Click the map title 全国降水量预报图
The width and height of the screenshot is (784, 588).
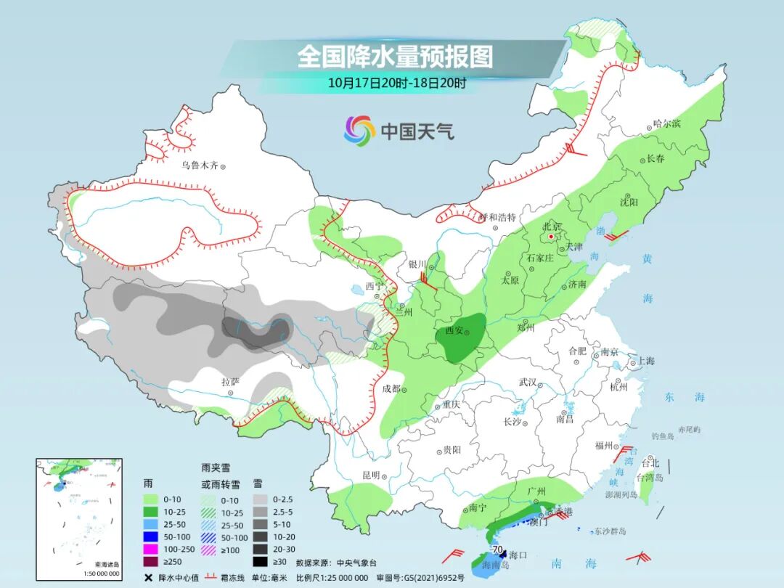click(395, 56)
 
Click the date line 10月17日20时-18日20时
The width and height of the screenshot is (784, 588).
click(396, 82)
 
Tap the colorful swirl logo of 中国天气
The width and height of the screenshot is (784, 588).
click(359, 131)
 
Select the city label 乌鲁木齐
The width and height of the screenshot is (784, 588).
click(200, 166)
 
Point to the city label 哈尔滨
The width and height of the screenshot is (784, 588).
click(666, 124)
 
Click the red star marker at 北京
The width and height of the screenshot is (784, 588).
click(551, 237)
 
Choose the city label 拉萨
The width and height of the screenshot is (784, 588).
click(230, 382)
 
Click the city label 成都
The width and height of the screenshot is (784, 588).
click(391, 389)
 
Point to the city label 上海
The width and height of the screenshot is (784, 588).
click(645, 361)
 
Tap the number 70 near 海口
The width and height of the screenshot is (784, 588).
click(498, 550)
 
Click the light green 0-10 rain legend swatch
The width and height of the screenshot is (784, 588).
click(150, 499)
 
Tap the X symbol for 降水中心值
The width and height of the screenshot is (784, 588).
click(149, 577)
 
